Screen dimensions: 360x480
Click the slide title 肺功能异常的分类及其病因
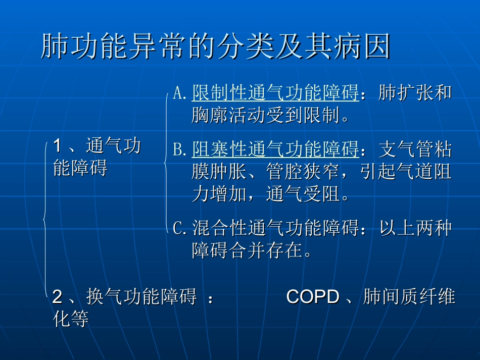[x=216, y=47]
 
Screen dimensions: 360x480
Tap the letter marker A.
[x=179, y=93]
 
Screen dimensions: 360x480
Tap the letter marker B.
[x=179, y=149]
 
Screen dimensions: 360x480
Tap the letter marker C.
[x=179, y=228]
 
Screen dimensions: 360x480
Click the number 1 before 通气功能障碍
[x=57, y=146]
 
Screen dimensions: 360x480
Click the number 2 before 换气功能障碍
[x=57, y=297]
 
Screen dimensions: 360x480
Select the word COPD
[x=312, y=297]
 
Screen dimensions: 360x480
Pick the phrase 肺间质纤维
[x=409, y=297]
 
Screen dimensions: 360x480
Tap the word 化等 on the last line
[x=71, y=319]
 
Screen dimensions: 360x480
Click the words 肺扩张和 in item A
[x=414, y=93]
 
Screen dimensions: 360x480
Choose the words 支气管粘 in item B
[x=414, y=149]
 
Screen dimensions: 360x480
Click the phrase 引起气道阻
[x=406, y=172]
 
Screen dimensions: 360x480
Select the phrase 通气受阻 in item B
[x=302, y=194]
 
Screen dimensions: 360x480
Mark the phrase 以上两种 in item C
[x=414, y=228]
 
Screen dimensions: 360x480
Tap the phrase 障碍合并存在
[x=247, y=250]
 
